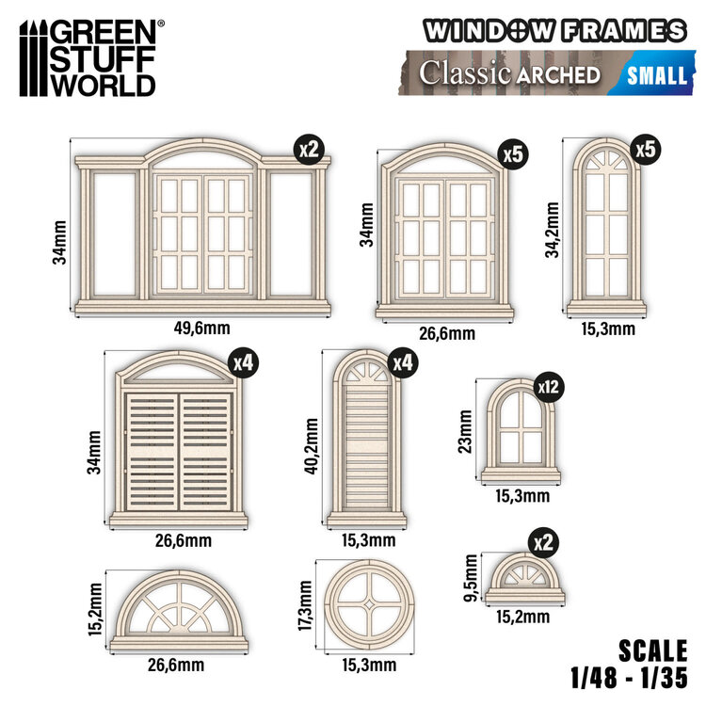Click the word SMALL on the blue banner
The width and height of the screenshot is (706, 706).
(x=656, y=74)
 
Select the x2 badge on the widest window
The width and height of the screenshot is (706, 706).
(x=307, y=149)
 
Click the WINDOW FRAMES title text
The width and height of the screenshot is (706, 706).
(x=554, y=31)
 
